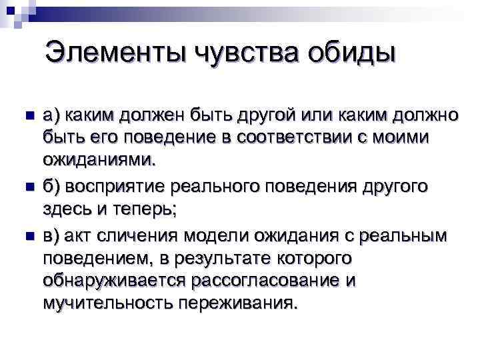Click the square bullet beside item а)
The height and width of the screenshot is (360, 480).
pyautogui.click(x=27, y=115)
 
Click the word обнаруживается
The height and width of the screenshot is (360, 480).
pyautogui.click(x=114, y=281)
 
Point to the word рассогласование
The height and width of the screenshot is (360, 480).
pyautogui.click(x=266, y=281)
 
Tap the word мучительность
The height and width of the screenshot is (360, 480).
pyautogui.click(x=107, y=304)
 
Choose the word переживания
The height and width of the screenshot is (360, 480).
pyautogui.click(x=237, y=304)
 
